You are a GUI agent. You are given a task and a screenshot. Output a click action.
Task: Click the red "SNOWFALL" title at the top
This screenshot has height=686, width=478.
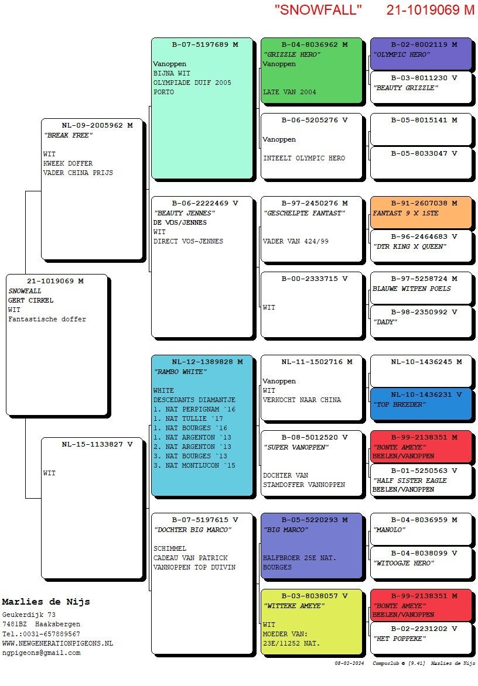tap(318, 9)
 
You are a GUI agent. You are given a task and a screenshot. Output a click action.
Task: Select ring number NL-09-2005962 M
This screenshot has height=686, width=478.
tap(97, 125)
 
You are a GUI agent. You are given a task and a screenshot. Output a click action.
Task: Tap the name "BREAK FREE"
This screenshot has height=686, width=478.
tap(69, 135)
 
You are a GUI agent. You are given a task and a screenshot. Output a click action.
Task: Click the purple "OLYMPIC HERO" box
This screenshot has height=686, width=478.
tap(421, 54)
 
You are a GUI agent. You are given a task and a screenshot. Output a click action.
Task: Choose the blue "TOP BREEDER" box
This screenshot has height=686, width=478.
tap(421, 404)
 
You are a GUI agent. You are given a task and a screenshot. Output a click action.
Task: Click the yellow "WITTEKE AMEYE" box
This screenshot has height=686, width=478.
tap(311, 621)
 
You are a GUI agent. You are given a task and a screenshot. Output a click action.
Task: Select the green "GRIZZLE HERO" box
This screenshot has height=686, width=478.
tap(311, 70)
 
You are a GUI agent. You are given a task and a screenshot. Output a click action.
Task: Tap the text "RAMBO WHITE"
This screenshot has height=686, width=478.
tap(180, 372)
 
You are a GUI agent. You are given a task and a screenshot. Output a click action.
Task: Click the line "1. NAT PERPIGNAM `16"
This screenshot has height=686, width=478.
tap(194, 409)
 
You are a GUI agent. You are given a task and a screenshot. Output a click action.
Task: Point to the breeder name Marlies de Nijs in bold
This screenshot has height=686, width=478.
tap(46, 602)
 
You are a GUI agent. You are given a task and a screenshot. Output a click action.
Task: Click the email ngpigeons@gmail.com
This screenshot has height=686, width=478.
tap(41, 653)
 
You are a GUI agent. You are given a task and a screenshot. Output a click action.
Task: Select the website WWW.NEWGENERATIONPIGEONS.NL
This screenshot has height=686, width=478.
tap(57, 643)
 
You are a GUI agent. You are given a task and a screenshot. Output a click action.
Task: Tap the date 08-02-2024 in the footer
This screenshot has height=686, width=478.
tap(349, 663)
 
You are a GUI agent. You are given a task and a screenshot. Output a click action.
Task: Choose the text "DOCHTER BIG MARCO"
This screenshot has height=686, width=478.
tap(193, 530)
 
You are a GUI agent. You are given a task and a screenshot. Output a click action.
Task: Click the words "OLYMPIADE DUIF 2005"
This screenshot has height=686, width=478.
tap(192, 83)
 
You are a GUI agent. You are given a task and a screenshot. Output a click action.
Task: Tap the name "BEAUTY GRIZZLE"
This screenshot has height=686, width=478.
tap(405, 88)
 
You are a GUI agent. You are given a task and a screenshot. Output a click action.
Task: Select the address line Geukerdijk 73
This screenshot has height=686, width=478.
tap(29, 615)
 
